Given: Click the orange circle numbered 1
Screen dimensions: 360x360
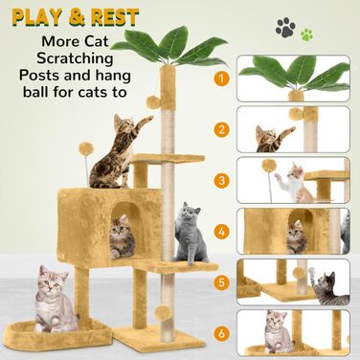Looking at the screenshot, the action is coord(221,79).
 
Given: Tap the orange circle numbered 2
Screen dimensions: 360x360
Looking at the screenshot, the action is coord(221,129).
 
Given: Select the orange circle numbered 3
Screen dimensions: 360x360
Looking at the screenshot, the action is coord(221,181).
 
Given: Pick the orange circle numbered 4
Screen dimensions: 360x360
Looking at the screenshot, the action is coord(221,232).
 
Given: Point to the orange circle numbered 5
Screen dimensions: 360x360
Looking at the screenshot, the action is coord(221,282).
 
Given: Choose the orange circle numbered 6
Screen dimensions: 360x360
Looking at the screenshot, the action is coord(221,334).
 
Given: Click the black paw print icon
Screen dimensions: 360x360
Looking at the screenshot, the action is coord(285,28).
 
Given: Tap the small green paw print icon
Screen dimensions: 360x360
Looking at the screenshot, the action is coord(307,34).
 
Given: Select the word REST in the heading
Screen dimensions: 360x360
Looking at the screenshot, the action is coord(115,17).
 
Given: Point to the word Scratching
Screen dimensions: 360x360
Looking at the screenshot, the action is coord(75,59).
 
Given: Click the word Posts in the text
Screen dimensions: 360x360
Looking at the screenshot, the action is coord(39,76).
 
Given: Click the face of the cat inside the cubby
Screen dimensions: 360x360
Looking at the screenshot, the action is coord(121,227).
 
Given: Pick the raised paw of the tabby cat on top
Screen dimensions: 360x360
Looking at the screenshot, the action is coord(146,120).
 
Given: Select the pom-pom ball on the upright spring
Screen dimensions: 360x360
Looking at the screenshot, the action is coord(86,148).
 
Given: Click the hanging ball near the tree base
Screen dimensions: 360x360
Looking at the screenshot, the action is coord(163,313).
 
